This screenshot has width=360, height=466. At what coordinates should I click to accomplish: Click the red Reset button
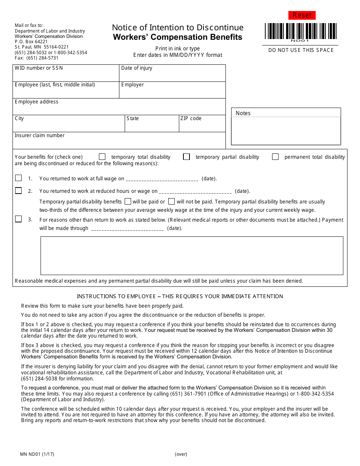302,15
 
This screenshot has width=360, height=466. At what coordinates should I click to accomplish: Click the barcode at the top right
301,31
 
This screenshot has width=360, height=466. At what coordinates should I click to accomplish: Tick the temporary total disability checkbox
102,157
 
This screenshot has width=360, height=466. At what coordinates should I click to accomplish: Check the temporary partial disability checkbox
186,157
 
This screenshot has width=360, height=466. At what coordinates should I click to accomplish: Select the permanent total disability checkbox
275,157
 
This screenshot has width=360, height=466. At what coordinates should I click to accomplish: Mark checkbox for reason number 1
19,178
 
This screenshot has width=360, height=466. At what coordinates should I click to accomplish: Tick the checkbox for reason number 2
19,191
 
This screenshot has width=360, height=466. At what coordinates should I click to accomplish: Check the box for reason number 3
19,219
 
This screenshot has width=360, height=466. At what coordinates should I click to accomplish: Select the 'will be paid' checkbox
128,202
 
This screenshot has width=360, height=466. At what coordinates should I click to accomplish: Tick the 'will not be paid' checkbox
172,202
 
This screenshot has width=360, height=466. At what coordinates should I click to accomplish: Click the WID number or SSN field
66,75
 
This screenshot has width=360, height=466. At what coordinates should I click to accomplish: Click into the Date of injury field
172,75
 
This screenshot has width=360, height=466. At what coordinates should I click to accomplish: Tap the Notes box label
243,113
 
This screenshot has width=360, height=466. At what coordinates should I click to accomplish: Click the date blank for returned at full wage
162,179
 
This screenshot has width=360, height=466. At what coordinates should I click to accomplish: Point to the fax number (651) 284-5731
37,58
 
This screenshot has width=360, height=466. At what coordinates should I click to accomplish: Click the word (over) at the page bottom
181,454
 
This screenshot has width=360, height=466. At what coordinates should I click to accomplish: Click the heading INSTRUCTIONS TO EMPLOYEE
180,296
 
